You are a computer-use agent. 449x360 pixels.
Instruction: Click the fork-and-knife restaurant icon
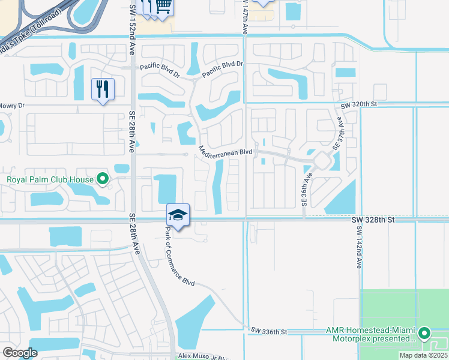103,89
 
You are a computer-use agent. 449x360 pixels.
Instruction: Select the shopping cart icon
163,7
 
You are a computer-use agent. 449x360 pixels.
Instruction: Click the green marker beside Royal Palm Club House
103,178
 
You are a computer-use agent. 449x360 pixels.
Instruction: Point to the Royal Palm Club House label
50,179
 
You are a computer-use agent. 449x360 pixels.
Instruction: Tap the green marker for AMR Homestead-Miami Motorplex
425,332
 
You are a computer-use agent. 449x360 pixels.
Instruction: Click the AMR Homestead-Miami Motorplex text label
371,334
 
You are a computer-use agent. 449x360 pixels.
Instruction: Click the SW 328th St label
373,220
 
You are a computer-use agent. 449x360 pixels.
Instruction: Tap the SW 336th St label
270,331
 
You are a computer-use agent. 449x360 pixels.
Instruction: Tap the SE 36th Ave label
306,190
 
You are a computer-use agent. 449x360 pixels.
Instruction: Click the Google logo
20,353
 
